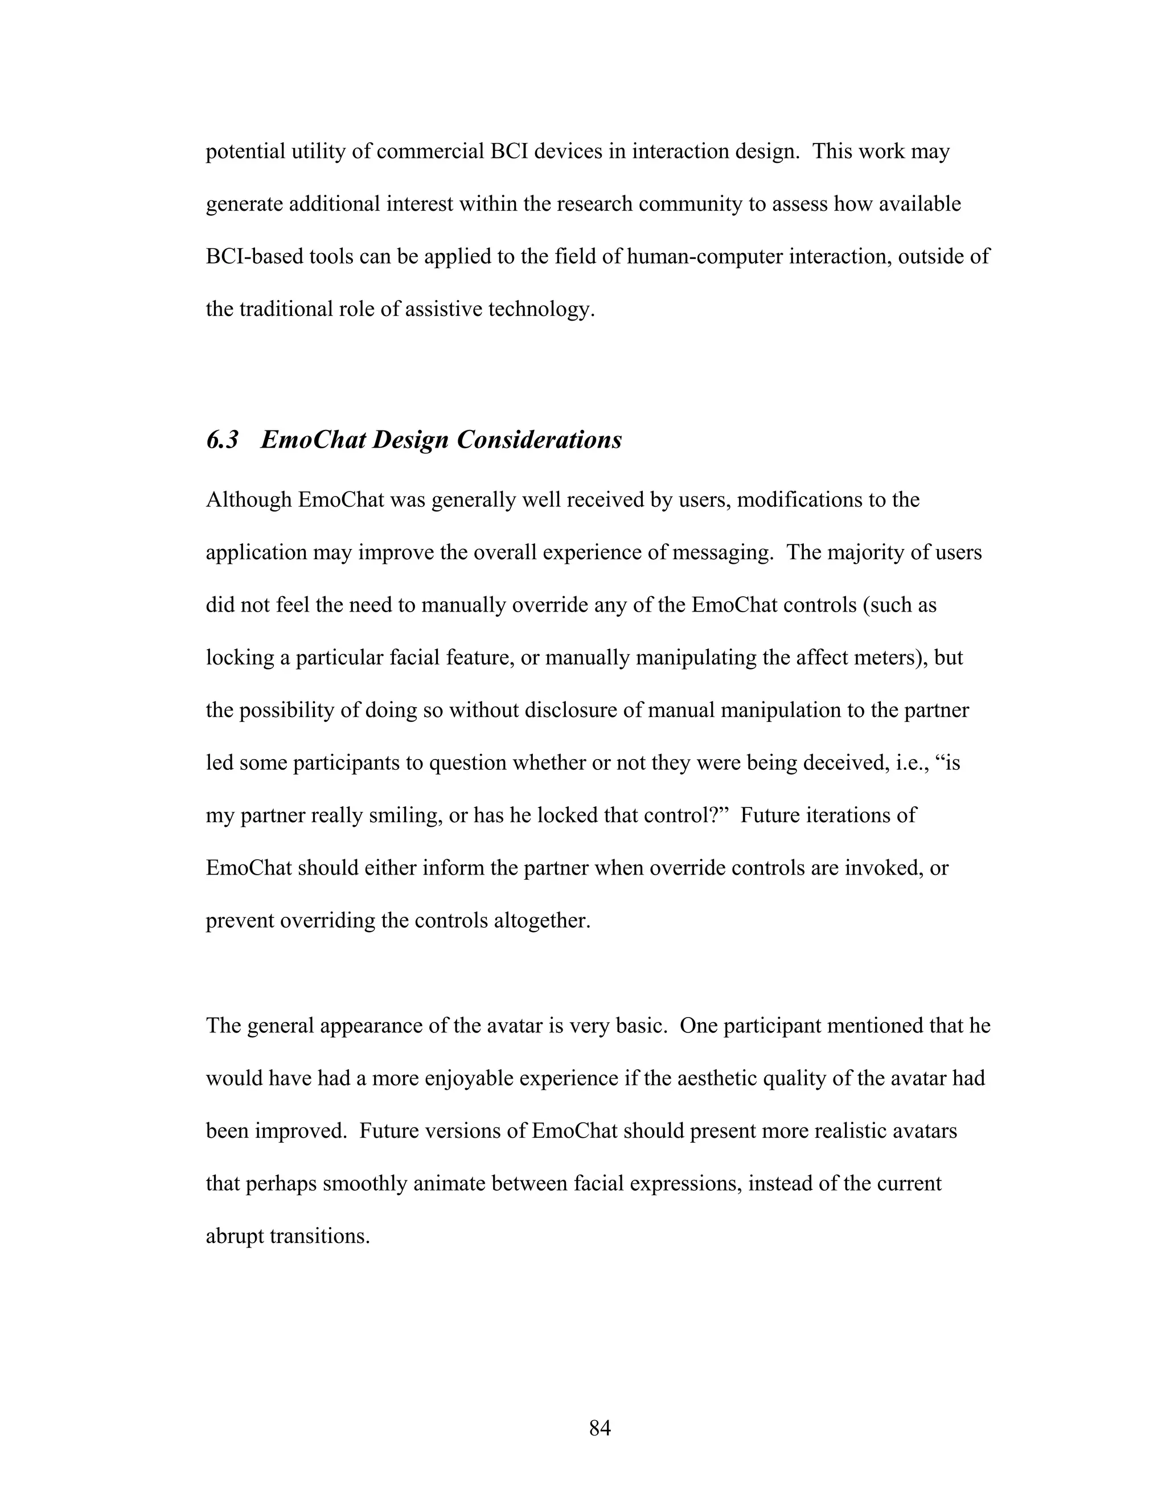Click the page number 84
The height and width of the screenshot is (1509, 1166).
600,1428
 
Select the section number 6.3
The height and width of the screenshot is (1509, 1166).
223,440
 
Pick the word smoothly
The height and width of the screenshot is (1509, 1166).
366,1184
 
